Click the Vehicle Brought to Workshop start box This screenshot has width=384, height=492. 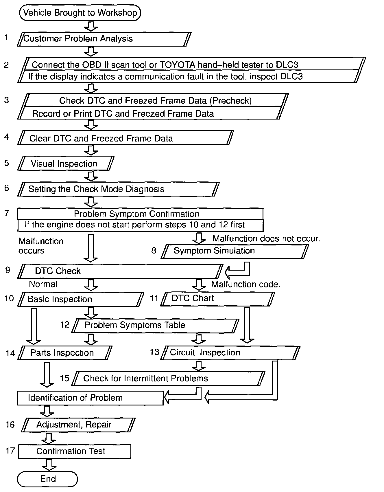[x=80, y=13]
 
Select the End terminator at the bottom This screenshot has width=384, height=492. [x=48, y=479]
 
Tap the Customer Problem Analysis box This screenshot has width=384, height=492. [x=104, y=39]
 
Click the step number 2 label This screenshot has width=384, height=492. [x=7, y=65]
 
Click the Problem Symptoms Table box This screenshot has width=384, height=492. [x=156, y=325]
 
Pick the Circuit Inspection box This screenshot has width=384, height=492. [x=230, y=353]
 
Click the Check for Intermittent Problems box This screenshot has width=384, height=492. [x=168, y=379]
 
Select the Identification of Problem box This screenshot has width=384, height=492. [x=90, y=398]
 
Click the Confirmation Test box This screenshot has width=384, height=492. [x=75, y=451]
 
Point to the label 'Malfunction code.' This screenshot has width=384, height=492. [x=246, y=284]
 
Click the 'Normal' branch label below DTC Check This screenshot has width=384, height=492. [x=43, y=284]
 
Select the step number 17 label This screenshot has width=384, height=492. [x=10, y=451]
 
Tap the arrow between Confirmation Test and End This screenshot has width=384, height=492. [x=49, y=465]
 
